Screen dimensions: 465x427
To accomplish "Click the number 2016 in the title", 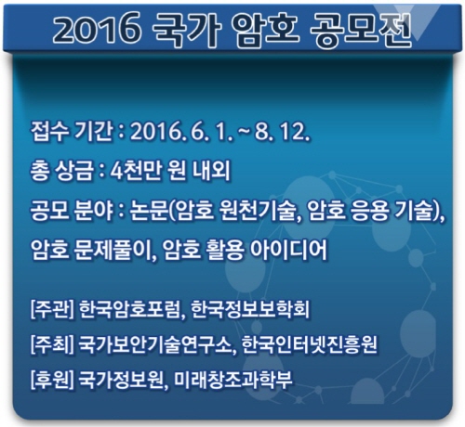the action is point(97,29).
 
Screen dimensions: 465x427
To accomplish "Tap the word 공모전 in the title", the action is point(361,30).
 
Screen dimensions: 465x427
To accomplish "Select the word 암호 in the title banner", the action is point(265,30).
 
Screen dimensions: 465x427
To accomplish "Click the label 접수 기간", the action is point(71,132).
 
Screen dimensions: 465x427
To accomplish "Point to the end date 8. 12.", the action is point(283,133).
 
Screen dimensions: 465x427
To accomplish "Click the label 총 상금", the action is point(62,171).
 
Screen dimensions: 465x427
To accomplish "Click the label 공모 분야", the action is point(72,211).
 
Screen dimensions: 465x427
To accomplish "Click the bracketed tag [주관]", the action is point(52,309).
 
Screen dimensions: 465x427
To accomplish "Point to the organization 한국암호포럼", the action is point(129,309).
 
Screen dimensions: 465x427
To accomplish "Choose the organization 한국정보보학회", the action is point(250,309).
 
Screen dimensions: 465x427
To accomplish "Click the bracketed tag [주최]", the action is point(52,343).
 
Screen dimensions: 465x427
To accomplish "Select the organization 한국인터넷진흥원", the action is point(309,343).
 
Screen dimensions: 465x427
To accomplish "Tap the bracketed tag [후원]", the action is point(52,379).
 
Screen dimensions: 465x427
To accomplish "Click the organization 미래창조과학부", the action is point(232,379).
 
